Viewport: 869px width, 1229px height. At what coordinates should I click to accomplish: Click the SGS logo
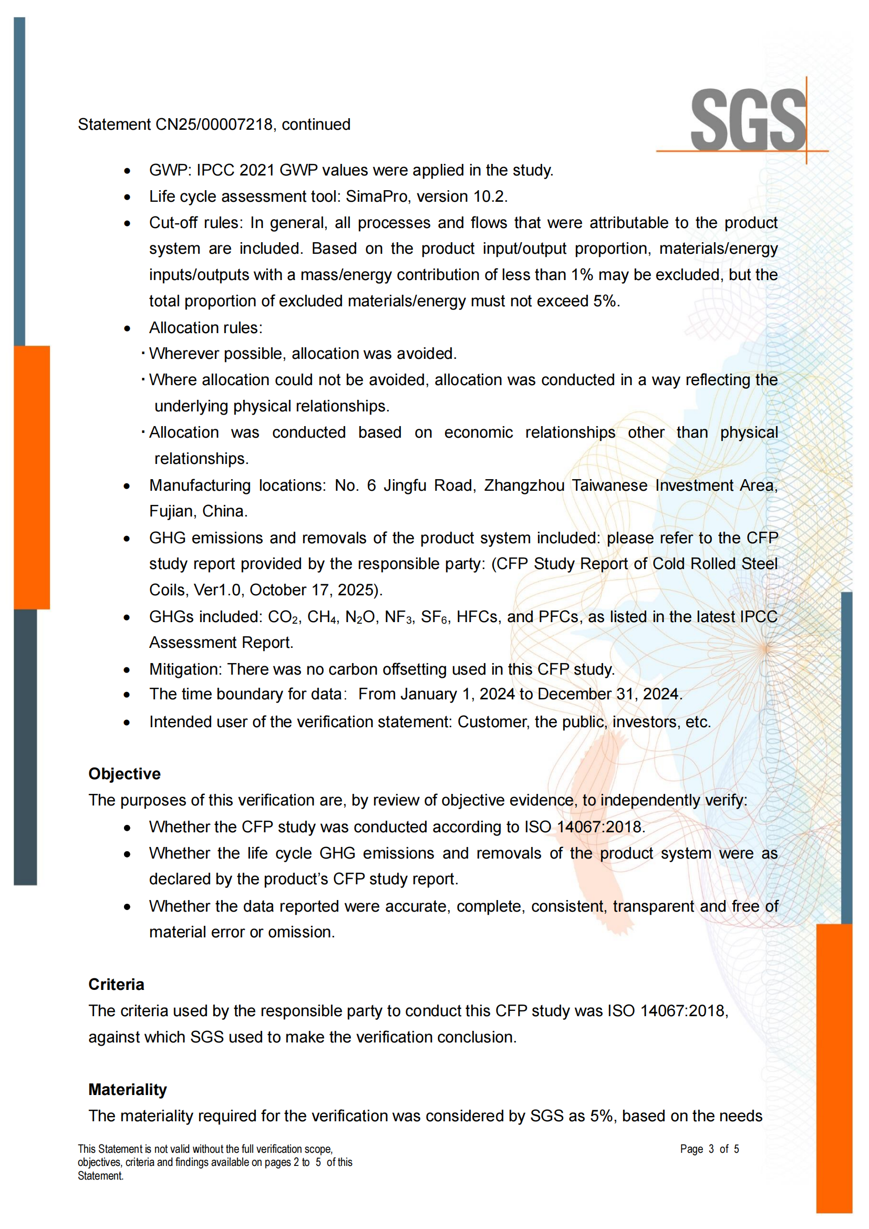click(748, 120)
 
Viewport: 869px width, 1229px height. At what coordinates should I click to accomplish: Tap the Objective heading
click(124, 774)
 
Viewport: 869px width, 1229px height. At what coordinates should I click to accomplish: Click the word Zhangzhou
click(524, 486)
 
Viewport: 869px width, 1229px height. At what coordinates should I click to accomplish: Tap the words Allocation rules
click(205, 328)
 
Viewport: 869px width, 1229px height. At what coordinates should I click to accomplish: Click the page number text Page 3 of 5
click(709, 1149)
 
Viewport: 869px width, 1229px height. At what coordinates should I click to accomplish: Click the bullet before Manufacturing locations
click(127, 487)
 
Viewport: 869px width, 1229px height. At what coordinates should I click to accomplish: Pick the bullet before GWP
click(127, 171)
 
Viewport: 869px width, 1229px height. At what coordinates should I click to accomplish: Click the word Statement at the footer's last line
click(100, 1176)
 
